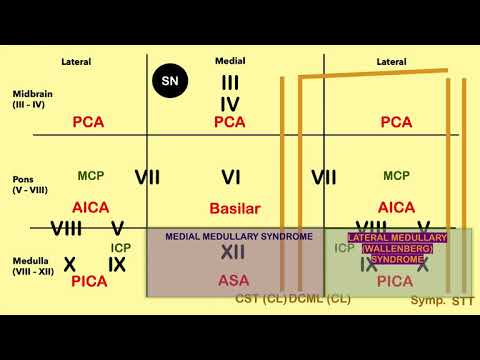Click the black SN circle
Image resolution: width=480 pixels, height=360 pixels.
click(x=169, y=78)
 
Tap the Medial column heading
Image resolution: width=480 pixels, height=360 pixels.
click(x=231, y=61)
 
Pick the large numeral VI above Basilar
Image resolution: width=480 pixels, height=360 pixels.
click(x=232, y=178)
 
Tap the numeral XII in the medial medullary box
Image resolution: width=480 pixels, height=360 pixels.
click(x=233, y=254)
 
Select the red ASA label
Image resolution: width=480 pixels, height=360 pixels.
click(x=233, y=281)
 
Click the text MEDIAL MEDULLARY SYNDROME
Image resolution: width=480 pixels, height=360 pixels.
click(x=233, y=236)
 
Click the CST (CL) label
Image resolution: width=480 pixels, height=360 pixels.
click(x=260, y=299)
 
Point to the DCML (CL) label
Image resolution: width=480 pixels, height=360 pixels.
click(x=319, y=299)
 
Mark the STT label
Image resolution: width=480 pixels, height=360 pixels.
click(x=463, y=300)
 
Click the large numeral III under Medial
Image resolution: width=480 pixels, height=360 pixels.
click(x=230, y=83)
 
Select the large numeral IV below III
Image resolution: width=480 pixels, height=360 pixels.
click(x=230, y=104)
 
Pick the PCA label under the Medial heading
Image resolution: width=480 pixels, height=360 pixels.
click(x=231, y=122)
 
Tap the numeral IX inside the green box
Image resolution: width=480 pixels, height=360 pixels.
click(x=369, y=265)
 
